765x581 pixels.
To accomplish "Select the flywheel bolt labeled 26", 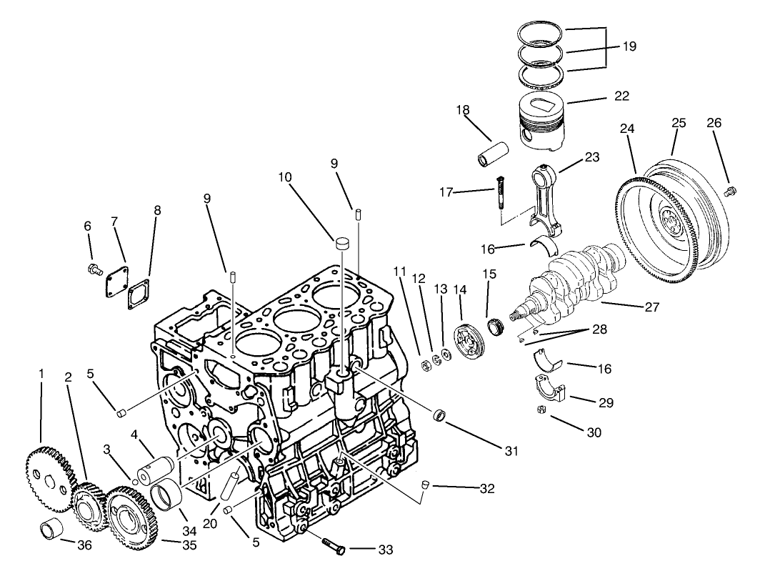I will point(729,190).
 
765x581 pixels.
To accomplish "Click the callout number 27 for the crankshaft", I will point(651,306).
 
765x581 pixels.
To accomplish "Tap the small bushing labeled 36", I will point(52,533).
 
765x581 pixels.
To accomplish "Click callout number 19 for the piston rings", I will point(628,46).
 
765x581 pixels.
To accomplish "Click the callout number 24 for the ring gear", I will point(626,129).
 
